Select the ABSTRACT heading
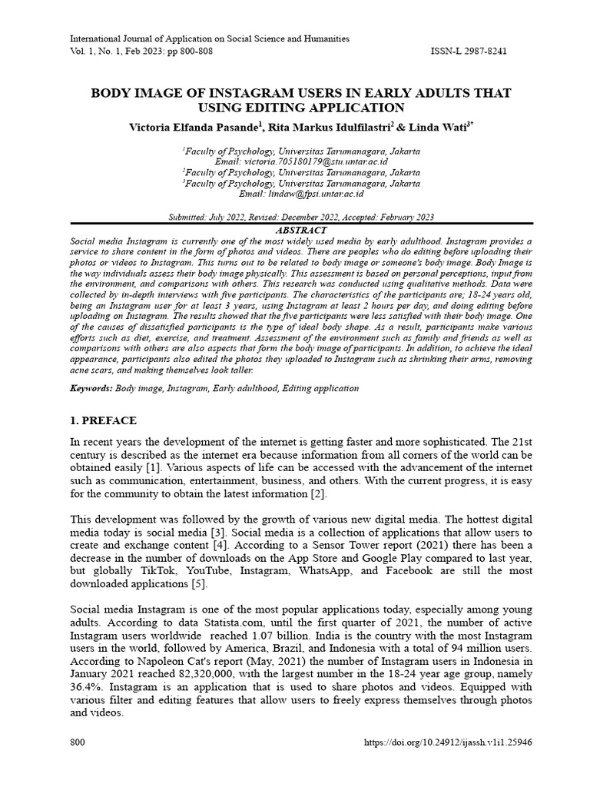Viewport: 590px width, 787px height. pyautogui.click(x=300, y=230)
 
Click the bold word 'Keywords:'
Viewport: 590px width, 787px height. pyautogui.click(x=91, y=388)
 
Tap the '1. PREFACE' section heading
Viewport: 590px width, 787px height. pyautogui.click(x=103, y=421)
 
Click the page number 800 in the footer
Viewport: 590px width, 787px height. pyautogui.click(x=78, y=743)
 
